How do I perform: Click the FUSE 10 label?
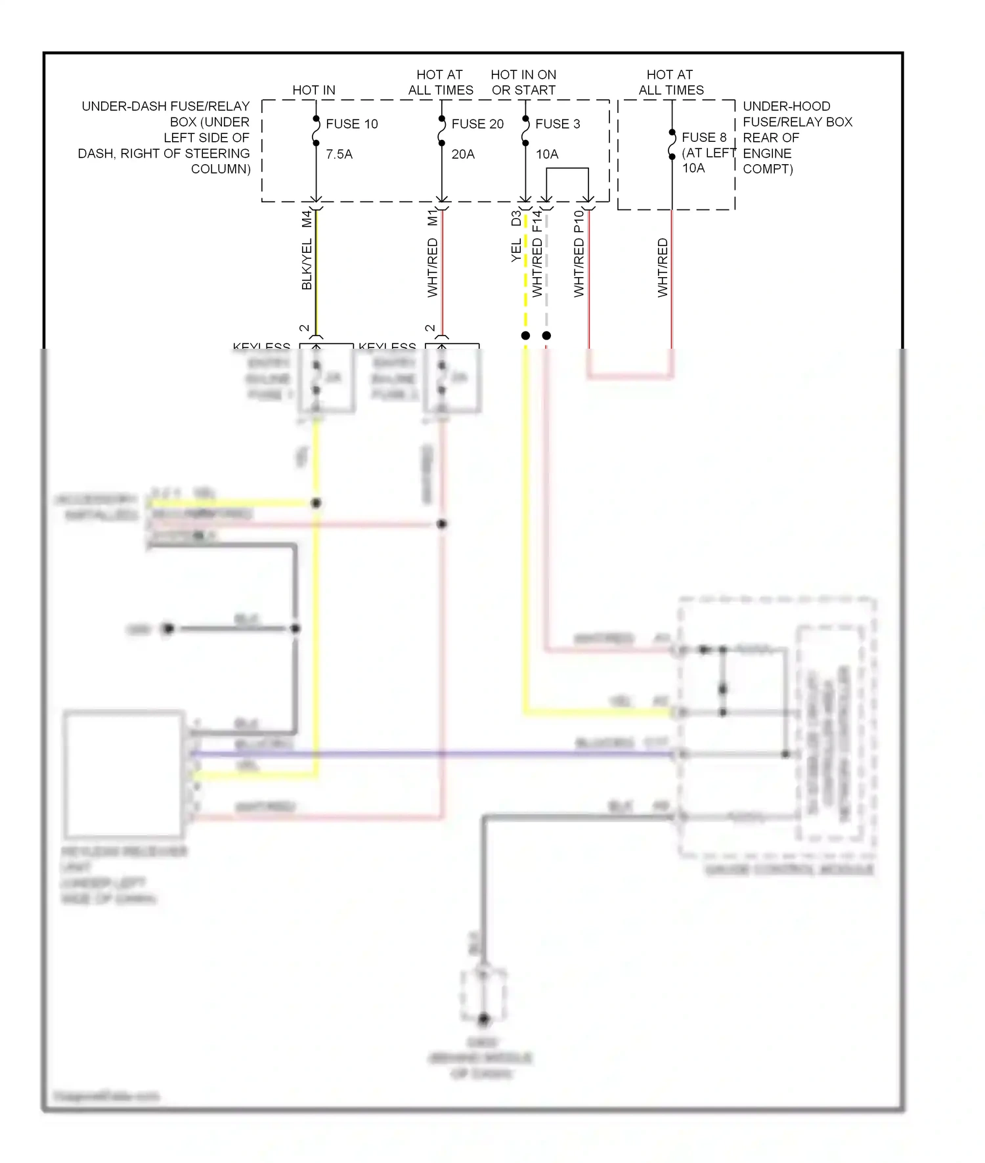click(351, 124)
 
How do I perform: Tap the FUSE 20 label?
click(477, 124)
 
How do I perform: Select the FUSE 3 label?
click(558, 124)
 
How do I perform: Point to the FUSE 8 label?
click(704, 137)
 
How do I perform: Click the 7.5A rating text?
click(339, 154)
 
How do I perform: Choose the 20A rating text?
click(463, 154)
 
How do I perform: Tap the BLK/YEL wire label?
click(307, 265)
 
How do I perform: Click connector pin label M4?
click(307, 219)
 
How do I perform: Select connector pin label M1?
click(432, 218)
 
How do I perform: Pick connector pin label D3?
click(516, 218)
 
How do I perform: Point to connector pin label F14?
click(537, 221)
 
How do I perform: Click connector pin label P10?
click(579, 221)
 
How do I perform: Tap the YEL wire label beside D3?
click(516, 250)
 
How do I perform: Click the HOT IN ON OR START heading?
click(523, 83)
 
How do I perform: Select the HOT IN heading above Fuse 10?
click(314, 90)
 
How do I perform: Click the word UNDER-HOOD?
click(786, 106)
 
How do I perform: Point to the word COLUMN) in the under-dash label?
click(221, 169)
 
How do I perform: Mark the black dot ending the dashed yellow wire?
click(525, 336)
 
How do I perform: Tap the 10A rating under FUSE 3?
click(547, 154)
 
